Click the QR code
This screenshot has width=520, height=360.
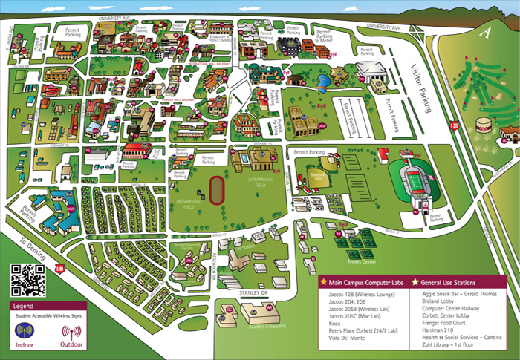point(28,280)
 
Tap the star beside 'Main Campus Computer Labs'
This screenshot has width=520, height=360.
point(323,282)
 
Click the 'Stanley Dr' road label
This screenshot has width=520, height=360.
point(253,293)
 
